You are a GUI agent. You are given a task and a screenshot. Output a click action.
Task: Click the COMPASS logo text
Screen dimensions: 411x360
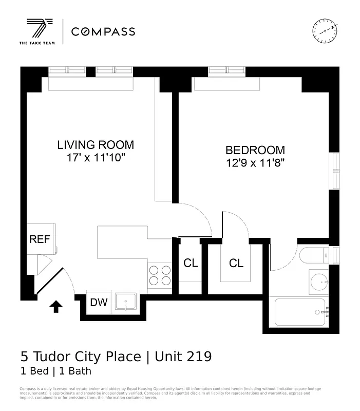click(103, 32)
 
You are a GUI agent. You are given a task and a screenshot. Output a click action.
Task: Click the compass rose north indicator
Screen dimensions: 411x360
click(324, 30)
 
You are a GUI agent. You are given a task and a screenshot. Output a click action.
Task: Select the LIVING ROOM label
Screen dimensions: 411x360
click(96, 145)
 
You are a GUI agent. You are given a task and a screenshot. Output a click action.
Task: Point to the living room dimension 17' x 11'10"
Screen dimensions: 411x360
click(96, 158)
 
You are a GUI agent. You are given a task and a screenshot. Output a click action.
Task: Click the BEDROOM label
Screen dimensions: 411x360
click(255, 150)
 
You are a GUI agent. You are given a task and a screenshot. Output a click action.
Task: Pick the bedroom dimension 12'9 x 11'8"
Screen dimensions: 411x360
click(255, 163)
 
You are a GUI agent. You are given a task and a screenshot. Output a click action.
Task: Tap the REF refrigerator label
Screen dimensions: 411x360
click(40, 239)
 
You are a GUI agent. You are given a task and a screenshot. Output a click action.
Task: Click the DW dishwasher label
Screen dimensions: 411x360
click(99, 302)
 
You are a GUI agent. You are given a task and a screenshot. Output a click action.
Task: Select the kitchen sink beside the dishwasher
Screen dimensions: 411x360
click(125, 302)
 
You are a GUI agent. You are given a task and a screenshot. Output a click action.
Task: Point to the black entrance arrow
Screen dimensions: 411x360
click(55, 307)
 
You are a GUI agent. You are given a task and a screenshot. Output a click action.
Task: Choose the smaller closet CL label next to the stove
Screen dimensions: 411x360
click(191, 263)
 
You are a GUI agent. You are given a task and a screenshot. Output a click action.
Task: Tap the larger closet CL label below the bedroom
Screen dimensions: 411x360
click(236, 264)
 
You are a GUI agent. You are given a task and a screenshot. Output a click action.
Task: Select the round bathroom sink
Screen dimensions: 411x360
click(320, 282)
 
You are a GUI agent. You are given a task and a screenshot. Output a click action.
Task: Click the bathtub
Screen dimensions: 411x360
click(300, 312)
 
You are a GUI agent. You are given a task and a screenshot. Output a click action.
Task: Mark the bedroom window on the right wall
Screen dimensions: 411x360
click(336, 170)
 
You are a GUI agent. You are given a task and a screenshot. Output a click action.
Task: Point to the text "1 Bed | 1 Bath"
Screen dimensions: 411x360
click(55, 371)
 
